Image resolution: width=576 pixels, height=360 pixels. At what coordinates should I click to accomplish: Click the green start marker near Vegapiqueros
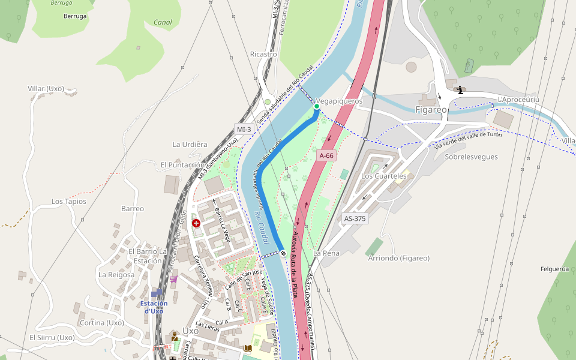317,106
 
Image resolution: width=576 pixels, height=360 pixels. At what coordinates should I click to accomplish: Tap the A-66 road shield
326,155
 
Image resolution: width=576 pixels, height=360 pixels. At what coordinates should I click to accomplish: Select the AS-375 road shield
354,218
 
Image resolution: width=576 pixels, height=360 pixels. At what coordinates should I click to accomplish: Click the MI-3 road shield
244,129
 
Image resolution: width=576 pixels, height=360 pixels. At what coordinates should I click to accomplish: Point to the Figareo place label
431,110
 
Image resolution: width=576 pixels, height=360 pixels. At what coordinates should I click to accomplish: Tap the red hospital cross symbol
196,223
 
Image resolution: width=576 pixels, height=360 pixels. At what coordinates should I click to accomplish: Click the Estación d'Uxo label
154,307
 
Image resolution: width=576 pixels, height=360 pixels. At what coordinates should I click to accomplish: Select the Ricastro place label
263,54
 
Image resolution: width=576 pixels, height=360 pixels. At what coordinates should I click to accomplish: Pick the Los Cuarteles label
383,176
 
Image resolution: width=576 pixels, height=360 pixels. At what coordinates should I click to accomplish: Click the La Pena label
326,253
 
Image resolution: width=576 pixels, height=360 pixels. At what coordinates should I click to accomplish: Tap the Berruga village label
75,16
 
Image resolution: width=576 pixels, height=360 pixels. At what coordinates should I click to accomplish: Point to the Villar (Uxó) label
46,89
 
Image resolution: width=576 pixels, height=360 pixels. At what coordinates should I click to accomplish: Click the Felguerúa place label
554,269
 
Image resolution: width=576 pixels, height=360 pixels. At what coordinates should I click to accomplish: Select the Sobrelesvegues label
472,157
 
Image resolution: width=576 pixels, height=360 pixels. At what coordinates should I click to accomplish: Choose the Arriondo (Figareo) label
398,258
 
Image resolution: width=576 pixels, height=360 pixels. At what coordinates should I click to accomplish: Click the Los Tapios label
68,202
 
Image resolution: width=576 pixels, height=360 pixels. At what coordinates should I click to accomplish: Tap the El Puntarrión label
182,164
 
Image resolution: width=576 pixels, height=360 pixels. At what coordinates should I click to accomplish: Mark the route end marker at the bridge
283,253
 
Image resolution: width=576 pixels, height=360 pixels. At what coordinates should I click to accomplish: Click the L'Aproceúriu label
518,99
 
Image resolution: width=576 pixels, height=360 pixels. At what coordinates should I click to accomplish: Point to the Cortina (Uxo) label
101,323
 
